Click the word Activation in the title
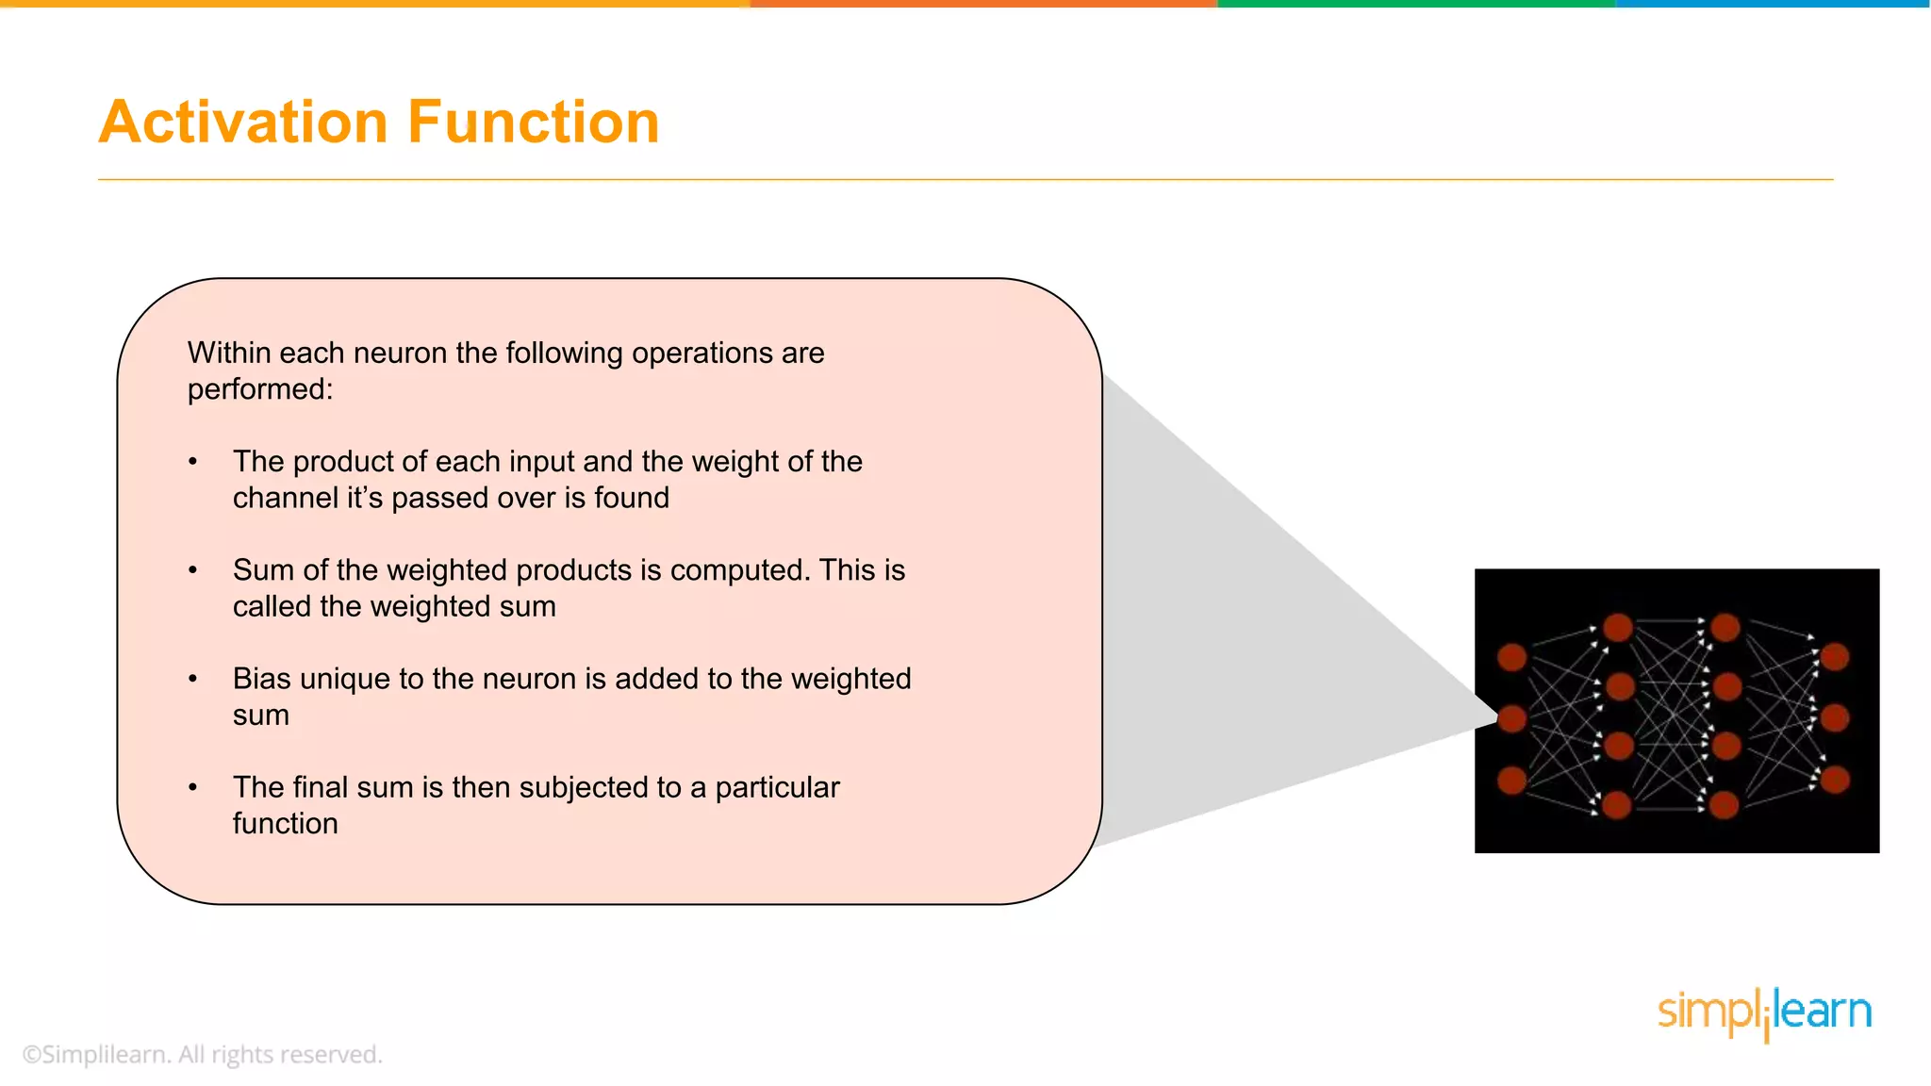pos(243,123)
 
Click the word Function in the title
pos(533,123)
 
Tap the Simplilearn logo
pos(1764,1013)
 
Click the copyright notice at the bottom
pos(203,1054)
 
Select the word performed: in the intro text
pos(260,389)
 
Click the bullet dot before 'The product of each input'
pos(193,462)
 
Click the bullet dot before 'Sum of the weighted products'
pos(193,570)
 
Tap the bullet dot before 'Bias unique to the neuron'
pos(193,679)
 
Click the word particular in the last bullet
pos(777,787)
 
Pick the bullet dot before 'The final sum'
pos(193,787)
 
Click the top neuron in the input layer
pos(1512,657)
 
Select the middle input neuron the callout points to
pos(1512,718)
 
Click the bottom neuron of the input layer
pos(1512,781)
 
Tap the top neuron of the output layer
pos(1835,656)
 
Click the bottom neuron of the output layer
pos(1835,780)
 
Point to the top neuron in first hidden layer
pos(1618,627)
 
